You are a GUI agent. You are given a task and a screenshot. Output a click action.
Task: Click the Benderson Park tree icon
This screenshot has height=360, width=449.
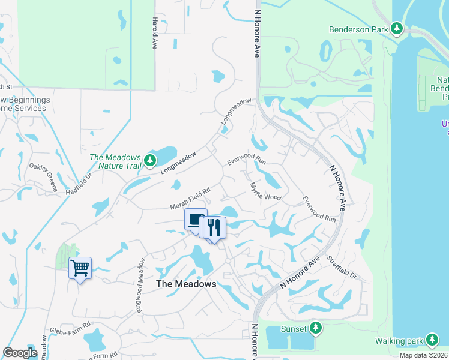396,28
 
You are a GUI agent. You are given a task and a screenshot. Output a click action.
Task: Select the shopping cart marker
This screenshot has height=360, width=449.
80,268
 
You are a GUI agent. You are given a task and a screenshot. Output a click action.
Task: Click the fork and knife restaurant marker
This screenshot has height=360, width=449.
214,228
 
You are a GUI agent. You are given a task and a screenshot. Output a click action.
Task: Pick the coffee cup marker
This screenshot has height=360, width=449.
196,220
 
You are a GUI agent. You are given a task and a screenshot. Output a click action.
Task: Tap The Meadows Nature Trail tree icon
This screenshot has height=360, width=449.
150,160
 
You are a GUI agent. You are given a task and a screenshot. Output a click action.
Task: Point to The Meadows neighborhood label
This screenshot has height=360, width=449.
185,284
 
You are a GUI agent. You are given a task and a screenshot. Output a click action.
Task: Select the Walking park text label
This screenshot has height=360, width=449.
399,341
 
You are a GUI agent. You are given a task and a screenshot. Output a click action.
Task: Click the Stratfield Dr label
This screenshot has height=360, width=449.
342,268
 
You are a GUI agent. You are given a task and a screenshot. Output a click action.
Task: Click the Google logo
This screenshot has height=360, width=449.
20,353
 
